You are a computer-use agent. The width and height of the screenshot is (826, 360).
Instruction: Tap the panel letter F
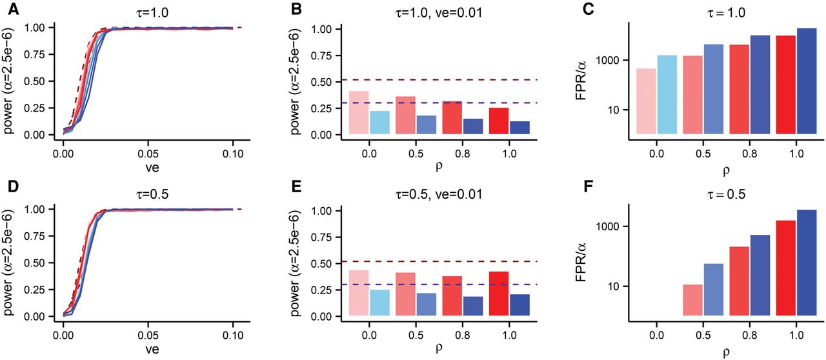click(x=569, y=192)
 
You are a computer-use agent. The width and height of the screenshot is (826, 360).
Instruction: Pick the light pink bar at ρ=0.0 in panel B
click(x=358, y=113)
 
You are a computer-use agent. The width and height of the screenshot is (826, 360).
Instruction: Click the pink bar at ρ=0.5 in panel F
click(x=692, y=300)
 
